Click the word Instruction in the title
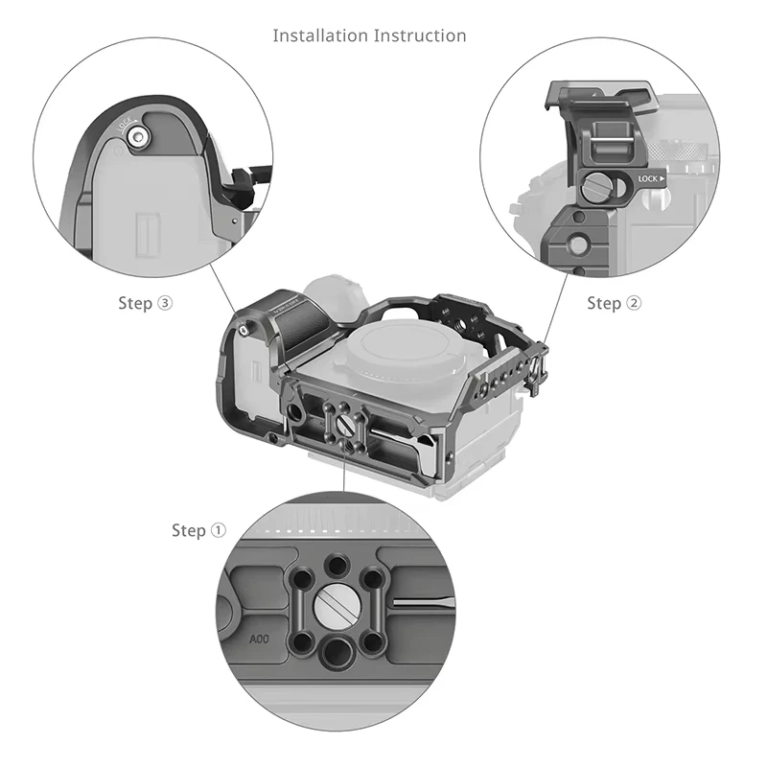click(x=420, y=36)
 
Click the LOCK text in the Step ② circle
click(x=648, y=179)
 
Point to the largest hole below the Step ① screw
click(x=336, y=655)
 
